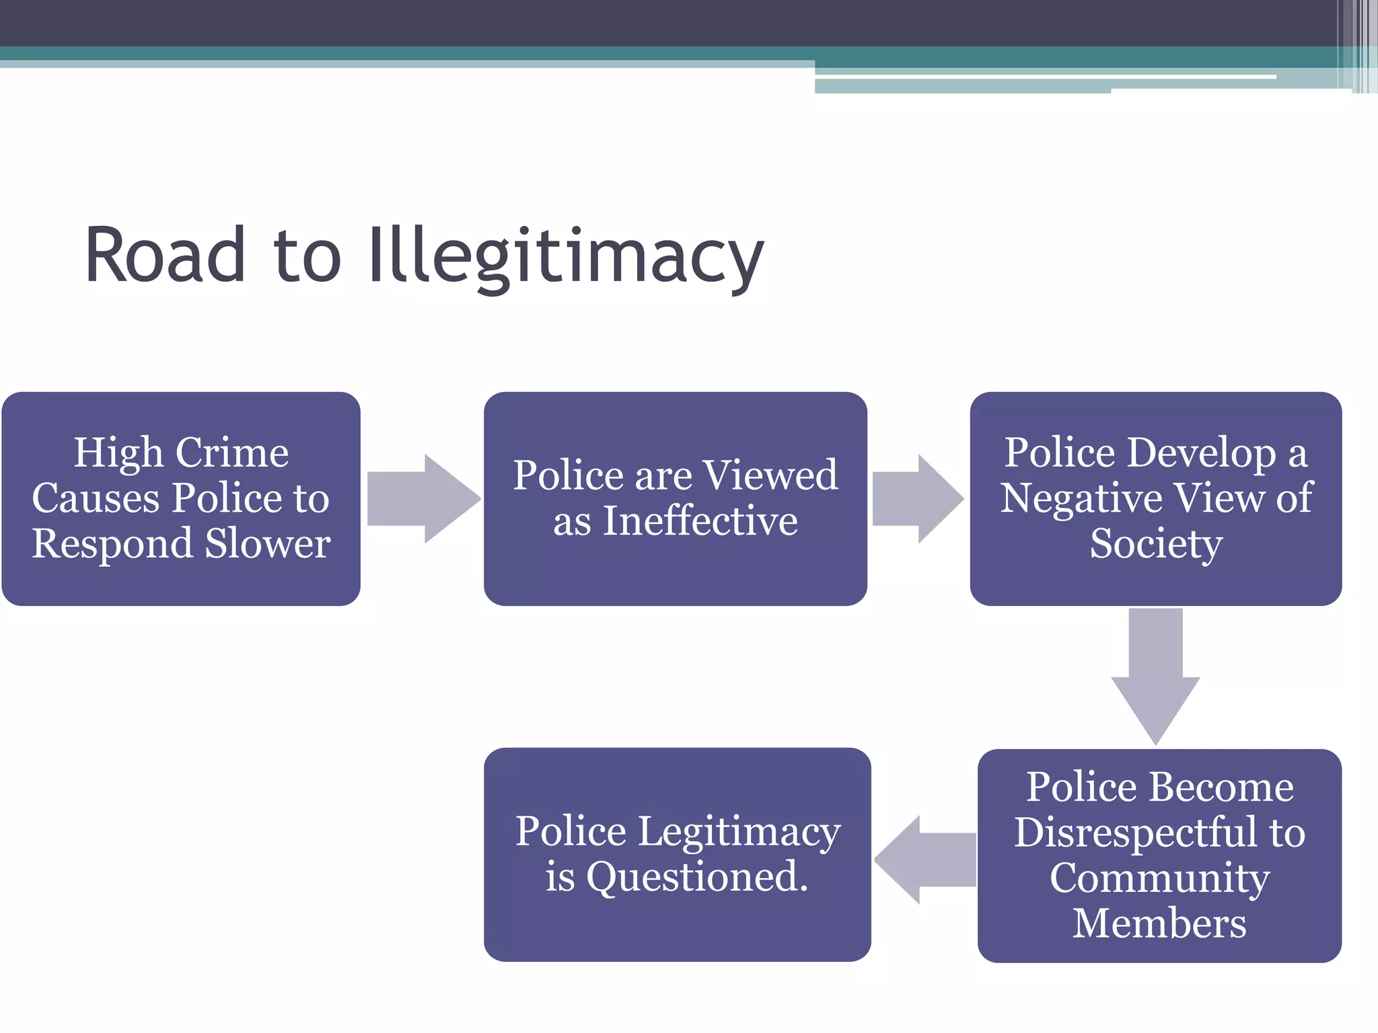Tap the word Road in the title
tap(165, 256)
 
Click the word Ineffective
tap(700, 521)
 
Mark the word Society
tap(1156, 543)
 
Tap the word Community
tap(1159, 878)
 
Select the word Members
tap(1159, 923)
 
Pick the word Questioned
tap(696, 877)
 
